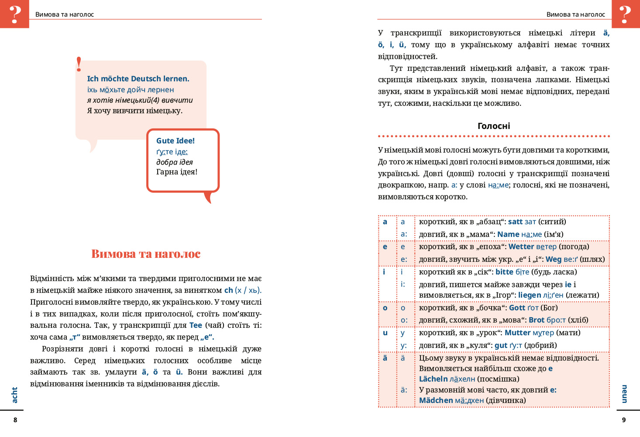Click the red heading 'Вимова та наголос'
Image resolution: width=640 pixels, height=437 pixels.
pos(146,254)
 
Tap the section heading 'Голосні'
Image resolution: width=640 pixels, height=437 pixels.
pos(494,126)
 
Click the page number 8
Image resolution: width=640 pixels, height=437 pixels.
pos(15,420)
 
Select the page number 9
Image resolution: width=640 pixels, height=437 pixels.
pos(624,420)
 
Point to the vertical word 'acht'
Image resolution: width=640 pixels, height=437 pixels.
pos(14,395)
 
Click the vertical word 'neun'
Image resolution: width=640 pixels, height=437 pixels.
pos(625,394)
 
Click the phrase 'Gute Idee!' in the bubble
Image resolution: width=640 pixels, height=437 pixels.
pos(175,141)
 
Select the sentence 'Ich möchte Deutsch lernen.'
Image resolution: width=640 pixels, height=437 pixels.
pos(138,79)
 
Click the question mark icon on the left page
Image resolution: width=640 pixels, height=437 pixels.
pos(14,14)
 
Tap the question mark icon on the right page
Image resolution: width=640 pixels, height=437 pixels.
pos(626,14)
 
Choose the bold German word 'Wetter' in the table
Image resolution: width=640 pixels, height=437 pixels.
pos(521,246)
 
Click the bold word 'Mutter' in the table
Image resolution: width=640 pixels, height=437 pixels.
pos(517,333)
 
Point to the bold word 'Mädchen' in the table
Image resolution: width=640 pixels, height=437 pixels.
pos(436,400)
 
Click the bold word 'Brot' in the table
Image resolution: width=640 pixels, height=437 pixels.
pos(537,320)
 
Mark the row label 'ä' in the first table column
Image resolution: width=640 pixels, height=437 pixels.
pos(385,358)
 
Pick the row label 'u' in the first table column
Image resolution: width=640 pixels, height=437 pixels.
pos(385,333)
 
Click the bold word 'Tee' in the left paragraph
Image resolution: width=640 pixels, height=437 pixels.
pos(196,325)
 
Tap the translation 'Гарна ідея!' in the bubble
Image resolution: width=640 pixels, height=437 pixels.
pos(177,172)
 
